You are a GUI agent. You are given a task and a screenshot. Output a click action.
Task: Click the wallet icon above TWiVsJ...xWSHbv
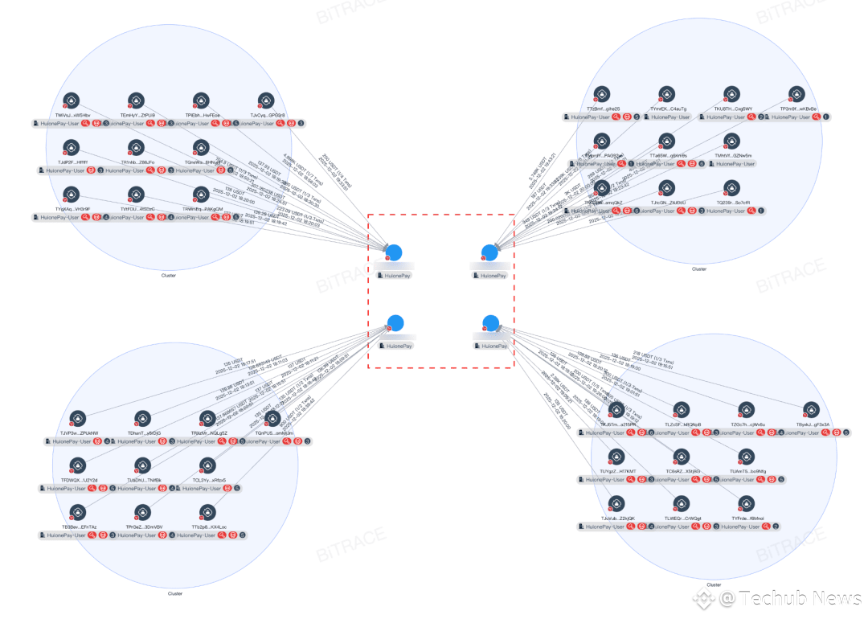pos(71,100)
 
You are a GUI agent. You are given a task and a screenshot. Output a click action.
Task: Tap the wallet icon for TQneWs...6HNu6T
pos(201,147)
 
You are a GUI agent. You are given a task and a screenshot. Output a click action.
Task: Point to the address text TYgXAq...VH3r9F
pos(73,209)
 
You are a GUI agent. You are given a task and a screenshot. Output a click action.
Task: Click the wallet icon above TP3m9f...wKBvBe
pos(796,94)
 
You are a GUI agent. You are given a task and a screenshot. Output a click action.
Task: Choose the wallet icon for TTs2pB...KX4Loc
pos(208,512)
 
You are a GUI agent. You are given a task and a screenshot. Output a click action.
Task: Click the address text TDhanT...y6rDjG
pos(144,433)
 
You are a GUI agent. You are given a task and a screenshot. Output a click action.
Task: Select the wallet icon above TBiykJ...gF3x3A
pos(813,410)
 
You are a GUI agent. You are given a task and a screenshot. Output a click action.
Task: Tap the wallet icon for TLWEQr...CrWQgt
pos(682,504)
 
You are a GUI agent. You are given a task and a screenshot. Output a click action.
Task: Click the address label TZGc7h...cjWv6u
pos(747,424)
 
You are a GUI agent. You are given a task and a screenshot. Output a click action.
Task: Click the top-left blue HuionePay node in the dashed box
pos(393,252)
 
